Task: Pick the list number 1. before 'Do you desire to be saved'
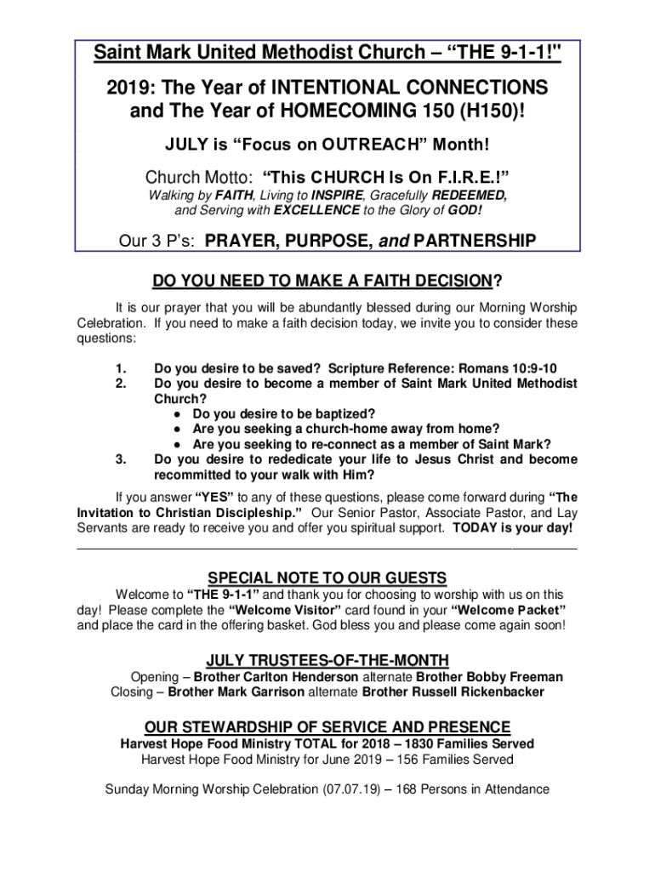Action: pos(121,369)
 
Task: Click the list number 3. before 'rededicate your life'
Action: pos(121,460)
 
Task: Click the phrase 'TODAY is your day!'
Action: pos(513,528)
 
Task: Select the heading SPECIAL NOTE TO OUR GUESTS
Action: pos(327,578)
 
